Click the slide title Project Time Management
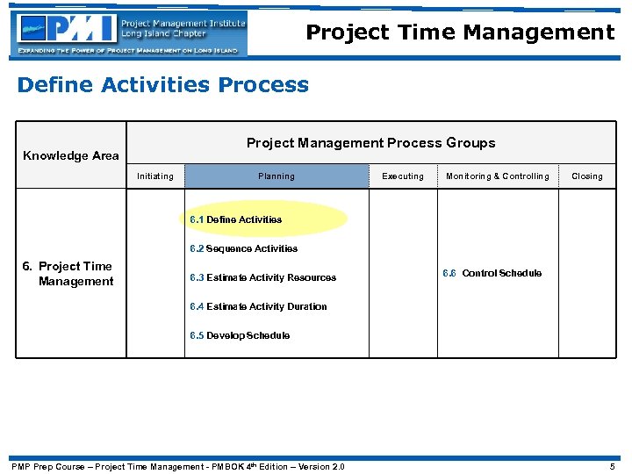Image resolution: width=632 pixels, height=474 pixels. (x=460, y=33)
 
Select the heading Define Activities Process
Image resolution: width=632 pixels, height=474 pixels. (x=163, y=85)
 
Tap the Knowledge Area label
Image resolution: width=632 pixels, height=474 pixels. (x=71, y=155)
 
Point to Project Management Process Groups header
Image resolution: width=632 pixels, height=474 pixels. (x=370, y=143)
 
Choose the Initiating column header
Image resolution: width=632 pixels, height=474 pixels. (x=155, y=176)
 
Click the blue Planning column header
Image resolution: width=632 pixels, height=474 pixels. (x=276, y=176)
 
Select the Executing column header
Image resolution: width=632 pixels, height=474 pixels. (x=403, y=176)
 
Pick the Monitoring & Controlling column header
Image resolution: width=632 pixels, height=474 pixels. (x=497, y=176)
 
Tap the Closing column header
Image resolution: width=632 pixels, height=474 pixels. (x=587, y=176)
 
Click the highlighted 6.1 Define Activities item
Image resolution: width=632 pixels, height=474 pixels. (x=236, y=219)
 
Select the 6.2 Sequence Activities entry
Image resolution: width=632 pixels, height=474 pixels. (x=244, y=248)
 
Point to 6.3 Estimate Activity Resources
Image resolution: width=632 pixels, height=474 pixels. (x=262, y=277)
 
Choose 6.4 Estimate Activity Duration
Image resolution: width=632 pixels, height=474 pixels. (x=258, y=306)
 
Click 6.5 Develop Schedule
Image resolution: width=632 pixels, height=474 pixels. (x=240, y=335)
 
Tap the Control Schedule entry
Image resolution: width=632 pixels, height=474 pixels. (x=492, y=273)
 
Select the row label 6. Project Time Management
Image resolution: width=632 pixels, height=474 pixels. (x=75, y=274)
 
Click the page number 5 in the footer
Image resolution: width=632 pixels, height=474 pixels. (x=612, y=466)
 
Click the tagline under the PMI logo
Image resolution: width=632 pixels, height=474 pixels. (x=130, y=51)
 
